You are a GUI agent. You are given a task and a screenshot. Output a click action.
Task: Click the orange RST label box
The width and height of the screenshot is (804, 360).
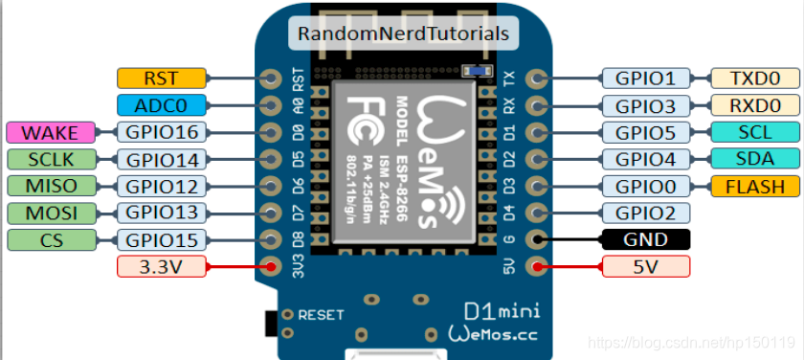click(x=161, y=79)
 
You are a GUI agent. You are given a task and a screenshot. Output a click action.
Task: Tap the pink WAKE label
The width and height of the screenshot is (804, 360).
click(x=49, y=132)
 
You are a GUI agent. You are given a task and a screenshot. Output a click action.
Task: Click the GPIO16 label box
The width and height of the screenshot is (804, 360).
click(x=161, y=132)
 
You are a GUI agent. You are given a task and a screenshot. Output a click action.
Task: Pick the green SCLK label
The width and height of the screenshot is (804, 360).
click(x=49, y=159)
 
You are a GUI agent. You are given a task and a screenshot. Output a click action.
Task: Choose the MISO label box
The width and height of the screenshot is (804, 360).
click(x=49, y=186)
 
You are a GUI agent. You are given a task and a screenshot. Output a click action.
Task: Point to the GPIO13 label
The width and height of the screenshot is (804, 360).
click(x=161, y=213)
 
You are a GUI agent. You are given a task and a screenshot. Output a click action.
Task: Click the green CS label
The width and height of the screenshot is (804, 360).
click(x=49, y=239)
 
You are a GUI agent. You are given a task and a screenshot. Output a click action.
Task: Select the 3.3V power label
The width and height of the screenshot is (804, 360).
click(x=161, y=267)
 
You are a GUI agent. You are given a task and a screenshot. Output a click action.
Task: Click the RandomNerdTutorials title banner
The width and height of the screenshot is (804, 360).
click(x=403, y=34)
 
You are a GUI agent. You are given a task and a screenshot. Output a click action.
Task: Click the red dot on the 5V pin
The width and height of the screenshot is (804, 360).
click(x=538, y=267)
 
